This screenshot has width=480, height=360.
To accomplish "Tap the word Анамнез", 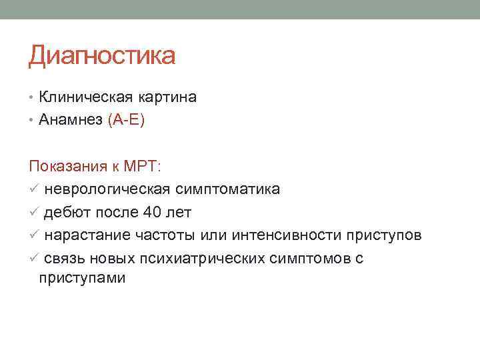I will pyautogui.click(x=71, y=120).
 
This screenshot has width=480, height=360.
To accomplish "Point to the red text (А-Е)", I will pyautogui.click(x=125, y=120).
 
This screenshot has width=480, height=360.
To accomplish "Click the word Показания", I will pyautogui.click(x=64, y=167).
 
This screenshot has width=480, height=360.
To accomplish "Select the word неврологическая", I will pyautogui.click(x=107, y=190).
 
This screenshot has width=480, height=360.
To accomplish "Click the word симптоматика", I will pyautogui.click(x=228, y=190).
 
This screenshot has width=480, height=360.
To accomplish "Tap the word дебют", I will pyautogui.click(x=65, y=213).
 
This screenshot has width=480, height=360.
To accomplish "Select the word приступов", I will pyautogui.click(x=384, y=235).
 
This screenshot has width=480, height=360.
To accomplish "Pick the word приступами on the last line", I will pyautogui.click(x=82, y=278).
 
